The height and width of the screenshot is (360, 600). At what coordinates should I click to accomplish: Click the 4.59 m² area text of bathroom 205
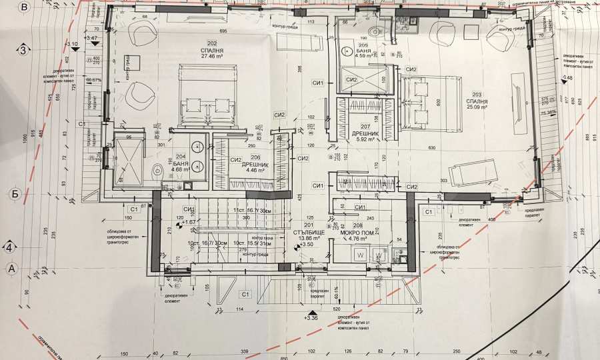pos(364,57)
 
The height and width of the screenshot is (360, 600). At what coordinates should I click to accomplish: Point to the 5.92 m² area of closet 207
pos(365,139)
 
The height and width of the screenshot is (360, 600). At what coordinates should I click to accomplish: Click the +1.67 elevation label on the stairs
pos(188,223)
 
